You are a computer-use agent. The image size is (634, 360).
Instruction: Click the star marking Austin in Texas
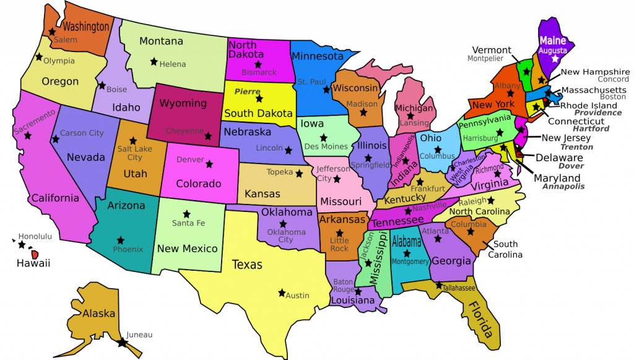click(x=282, y=292)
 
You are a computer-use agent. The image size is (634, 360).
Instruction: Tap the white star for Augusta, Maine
click(x=555, y=59)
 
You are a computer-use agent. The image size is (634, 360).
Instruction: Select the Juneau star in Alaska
click(x=123, y=341)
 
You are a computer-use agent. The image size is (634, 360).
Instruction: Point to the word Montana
click(x=161, y=42)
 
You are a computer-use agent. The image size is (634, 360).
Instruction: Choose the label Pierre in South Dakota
click(x=247, y=91)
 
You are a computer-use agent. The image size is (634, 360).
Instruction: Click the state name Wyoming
click(x=183, y=103)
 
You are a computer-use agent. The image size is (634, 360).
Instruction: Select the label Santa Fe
click(x=188, y=223)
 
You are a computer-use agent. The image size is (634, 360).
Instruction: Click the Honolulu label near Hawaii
click(x=35, y=236)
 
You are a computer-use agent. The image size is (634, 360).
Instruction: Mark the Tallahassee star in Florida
click(x=438, y=286)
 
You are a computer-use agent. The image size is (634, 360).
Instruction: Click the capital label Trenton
click(x=576, y=147)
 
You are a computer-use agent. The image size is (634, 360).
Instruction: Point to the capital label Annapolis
click(x=563, y=187)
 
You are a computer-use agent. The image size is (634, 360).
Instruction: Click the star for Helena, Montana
click(x=154, y=61)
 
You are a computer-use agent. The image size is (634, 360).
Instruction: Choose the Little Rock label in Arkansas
click(x=339, y=244)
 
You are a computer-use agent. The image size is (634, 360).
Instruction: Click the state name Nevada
click(x=85, y=157)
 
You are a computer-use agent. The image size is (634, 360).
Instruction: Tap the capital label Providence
click(x=597, y=113)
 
